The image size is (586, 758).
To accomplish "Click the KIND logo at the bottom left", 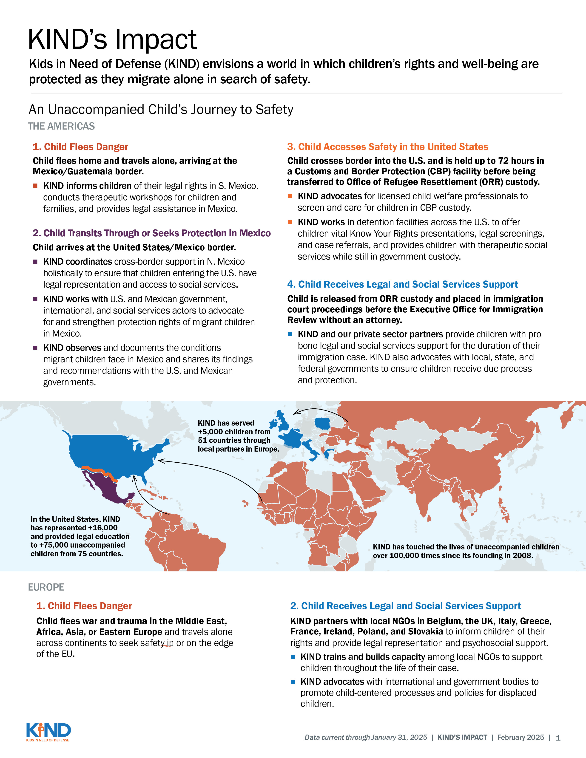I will (48, 731).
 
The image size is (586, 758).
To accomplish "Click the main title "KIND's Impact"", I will (112, 40).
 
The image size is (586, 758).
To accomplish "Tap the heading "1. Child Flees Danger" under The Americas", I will (80, 147).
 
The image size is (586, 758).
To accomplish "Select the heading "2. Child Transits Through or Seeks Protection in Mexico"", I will (152, 233).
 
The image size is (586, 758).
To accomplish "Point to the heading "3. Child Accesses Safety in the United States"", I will (387, 147).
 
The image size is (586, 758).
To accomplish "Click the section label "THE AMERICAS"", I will (61, 126).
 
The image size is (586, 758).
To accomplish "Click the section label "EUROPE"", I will (46, 587).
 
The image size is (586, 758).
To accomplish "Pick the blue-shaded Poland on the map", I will (322, 423).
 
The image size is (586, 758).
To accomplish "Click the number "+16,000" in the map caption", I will (103, 528).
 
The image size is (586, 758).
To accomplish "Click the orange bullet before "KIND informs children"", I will (35, 186).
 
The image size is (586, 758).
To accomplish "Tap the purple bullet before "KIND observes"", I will (35, 348).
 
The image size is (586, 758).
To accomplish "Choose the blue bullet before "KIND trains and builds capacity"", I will (293, 657).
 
